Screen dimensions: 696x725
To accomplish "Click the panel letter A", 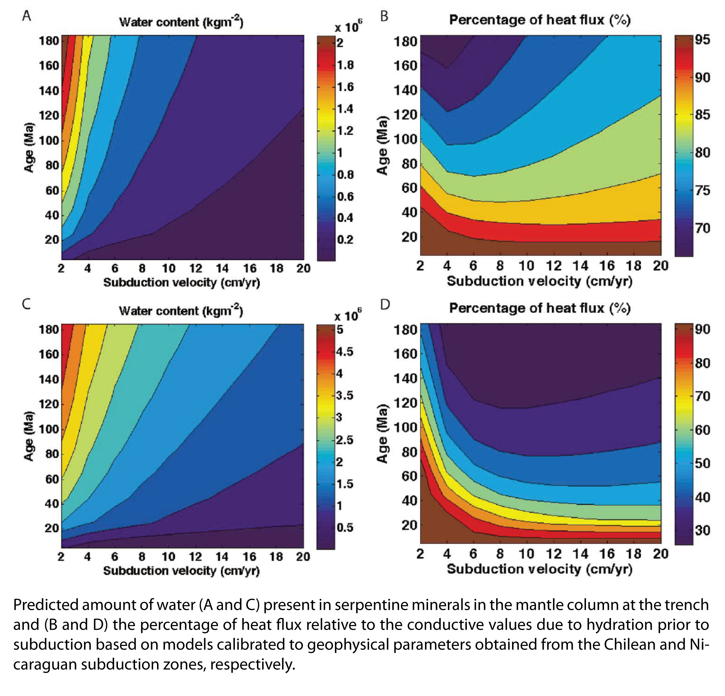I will coord(26,16).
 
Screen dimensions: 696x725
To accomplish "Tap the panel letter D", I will coord(385,305).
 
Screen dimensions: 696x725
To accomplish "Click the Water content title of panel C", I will coord(181,310).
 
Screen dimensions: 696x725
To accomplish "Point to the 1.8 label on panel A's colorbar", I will coord(345,65).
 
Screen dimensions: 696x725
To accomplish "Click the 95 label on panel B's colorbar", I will coord(702,40).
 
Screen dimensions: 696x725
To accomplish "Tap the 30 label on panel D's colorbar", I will coord(702,531).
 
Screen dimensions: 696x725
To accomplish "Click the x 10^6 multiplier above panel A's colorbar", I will coord(348,27).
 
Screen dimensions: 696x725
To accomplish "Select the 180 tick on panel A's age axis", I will coord(49,41).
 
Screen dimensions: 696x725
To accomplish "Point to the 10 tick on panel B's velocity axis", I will coord(526,266).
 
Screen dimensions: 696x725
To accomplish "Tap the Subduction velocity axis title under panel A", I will coord(181,282).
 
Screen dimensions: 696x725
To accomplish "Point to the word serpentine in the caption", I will coord(372,605).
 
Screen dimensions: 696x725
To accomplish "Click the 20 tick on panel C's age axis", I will coord(52,528).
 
